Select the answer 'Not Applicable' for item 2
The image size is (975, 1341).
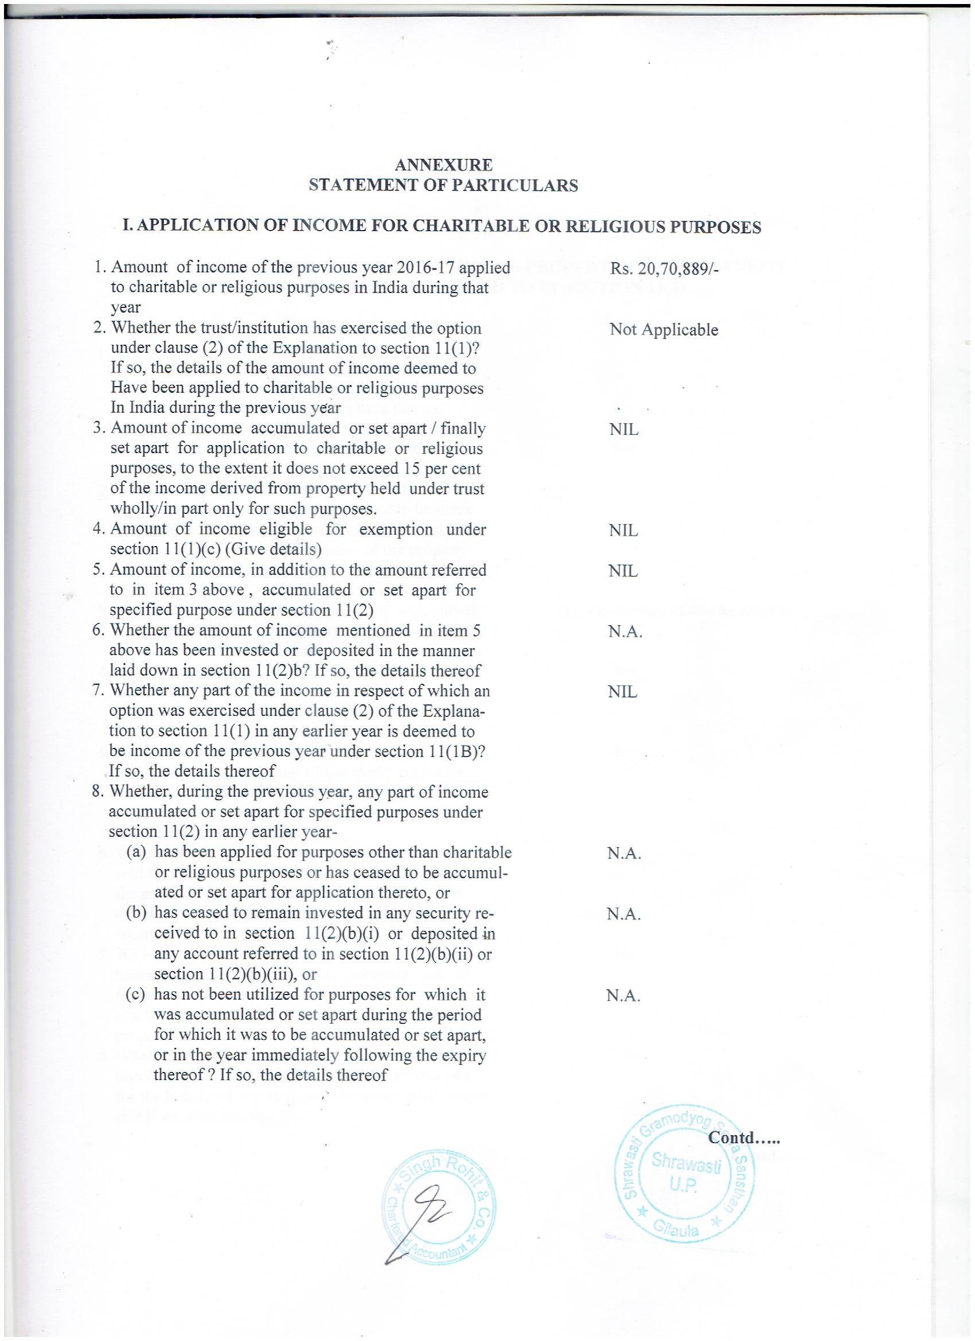point(664,330)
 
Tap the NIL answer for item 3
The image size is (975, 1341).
point(623,430)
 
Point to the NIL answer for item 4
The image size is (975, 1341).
point(623,531)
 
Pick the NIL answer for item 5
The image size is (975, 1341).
point(623,571)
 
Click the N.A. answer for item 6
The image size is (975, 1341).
point(625,632)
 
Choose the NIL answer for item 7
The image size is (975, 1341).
point(623,692)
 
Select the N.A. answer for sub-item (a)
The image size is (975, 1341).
point(624,854)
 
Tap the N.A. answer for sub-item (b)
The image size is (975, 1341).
point(624,914)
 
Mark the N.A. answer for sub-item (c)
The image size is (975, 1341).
point(624,996)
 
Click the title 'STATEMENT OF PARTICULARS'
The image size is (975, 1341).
point(444,186)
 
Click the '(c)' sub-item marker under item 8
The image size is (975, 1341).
point(136,995)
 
